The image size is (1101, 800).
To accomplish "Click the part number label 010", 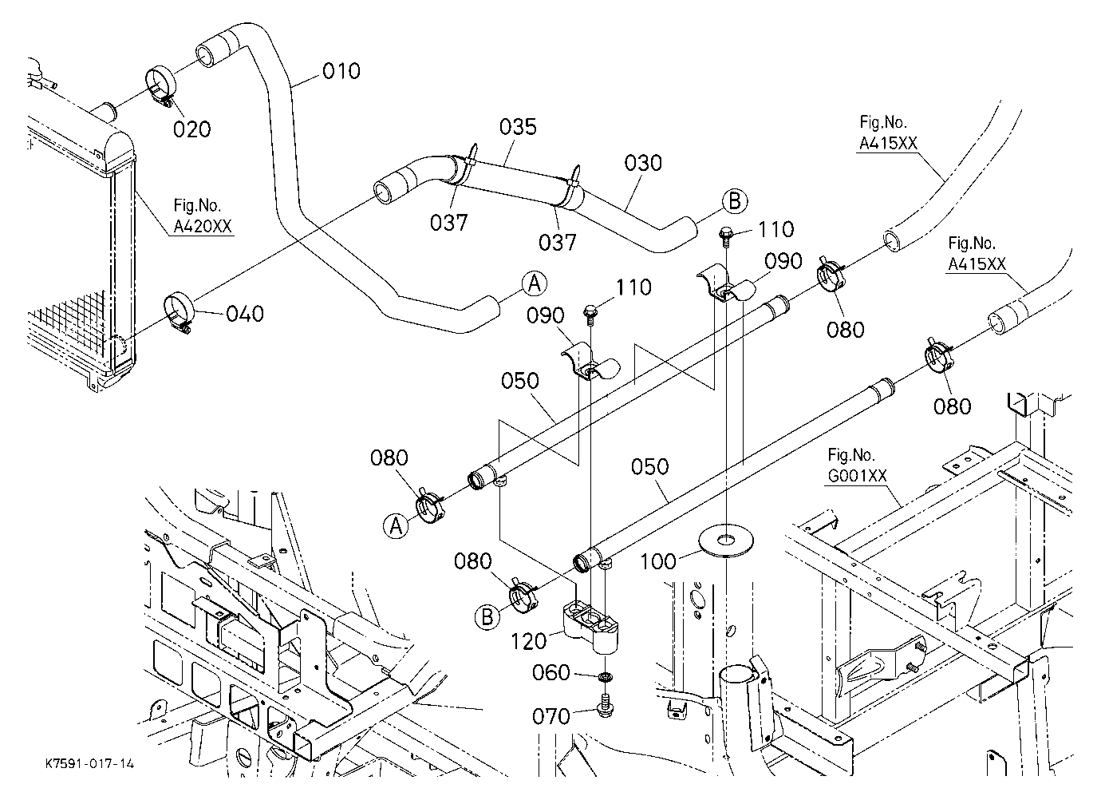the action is tap(341, 71).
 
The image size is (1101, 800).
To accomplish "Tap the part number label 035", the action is tap(518, 127).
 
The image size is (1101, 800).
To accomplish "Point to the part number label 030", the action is tap(643, 163).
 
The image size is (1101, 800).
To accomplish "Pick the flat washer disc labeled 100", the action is tap(724, 541).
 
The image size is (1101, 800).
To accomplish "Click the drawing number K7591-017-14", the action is tap(89, 763).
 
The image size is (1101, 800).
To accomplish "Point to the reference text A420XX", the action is tap(203, 226).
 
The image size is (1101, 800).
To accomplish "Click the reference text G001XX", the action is tap(857, 476).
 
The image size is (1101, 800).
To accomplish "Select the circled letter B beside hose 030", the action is tap(734, 201).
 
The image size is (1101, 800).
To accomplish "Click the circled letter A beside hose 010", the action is tap(535, 284).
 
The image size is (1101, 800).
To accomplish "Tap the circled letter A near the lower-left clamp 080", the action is tap(396, 526).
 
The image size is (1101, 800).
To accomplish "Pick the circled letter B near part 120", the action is tap(487, 617).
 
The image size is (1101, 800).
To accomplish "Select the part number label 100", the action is tap(658, 561).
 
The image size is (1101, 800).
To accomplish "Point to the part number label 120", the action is tap(528, 642).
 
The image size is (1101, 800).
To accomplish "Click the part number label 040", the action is tap(245, 314).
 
